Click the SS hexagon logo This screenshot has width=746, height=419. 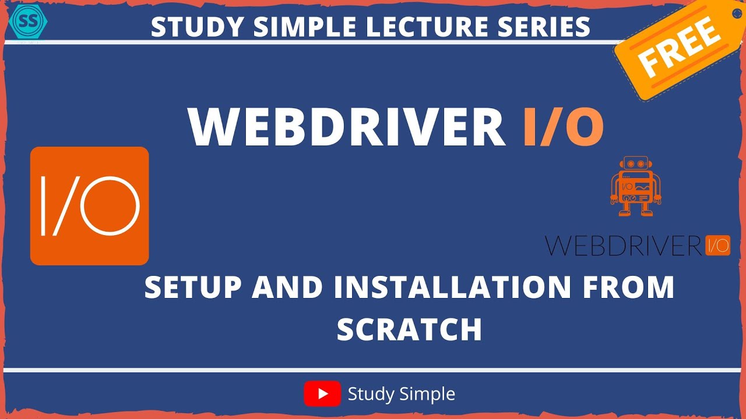click(x=29, y=21)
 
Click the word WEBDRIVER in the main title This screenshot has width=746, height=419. click(x=346, y=127)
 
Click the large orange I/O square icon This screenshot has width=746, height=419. click(x=90, y=206)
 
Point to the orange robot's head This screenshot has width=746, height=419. click(x=633, y=166)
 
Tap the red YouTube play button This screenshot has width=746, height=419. click(x=322, y=394)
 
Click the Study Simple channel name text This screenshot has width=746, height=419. click(x=401, y=394)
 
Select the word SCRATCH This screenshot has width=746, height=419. click(x=409, y=330)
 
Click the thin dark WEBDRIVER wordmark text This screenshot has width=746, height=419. click(x=622, y=246)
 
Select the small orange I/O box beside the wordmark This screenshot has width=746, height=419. click(x=717, y=246)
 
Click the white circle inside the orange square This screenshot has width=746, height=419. click(x=110, y=206)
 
